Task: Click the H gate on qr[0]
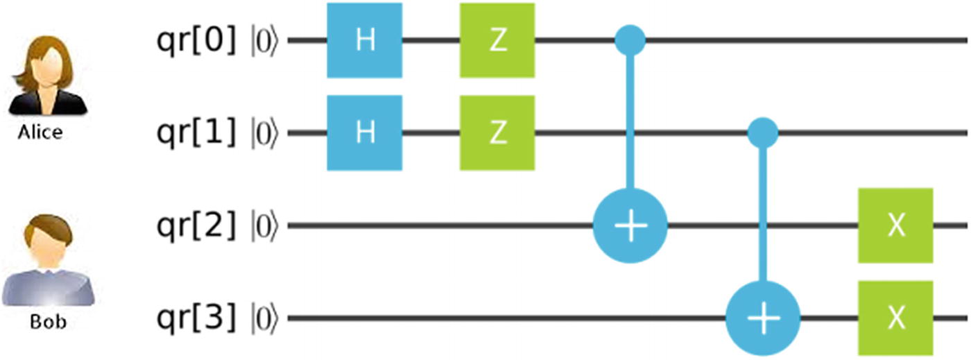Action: click(x=365, y=41)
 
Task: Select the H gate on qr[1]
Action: click(x=365, y=133)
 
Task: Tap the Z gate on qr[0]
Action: click(x=497, y=41)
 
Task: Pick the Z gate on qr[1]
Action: click(x=497, y=133)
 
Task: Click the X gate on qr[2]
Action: click(x=896, y=226)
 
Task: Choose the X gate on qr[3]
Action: click(x=896, y=318)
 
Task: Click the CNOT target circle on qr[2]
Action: click(x=630, y=226)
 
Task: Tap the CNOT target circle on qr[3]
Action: click(x=763, y=318)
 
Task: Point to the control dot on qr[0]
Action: click(x=630, y=41)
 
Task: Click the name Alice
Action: click(x=40, y=132)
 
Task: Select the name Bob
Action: click(x=49, y=323)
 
